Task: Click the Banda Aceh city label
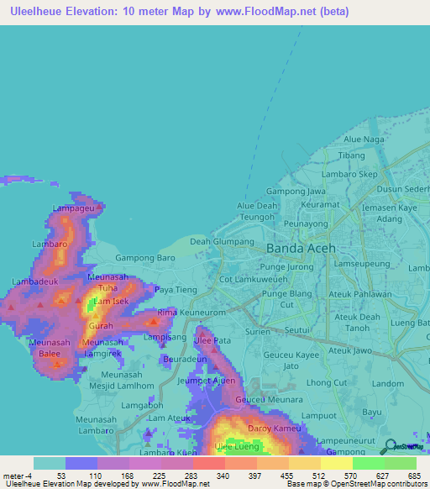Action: [x=300, y=249]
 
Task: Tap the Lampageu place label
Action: [x=73, y=208]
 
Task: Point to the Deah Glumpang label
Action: [x=222, y=241]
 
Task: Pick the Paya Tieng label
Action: [x=176, y=290]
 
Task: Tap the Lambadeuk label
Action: [x=35, y=281]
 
